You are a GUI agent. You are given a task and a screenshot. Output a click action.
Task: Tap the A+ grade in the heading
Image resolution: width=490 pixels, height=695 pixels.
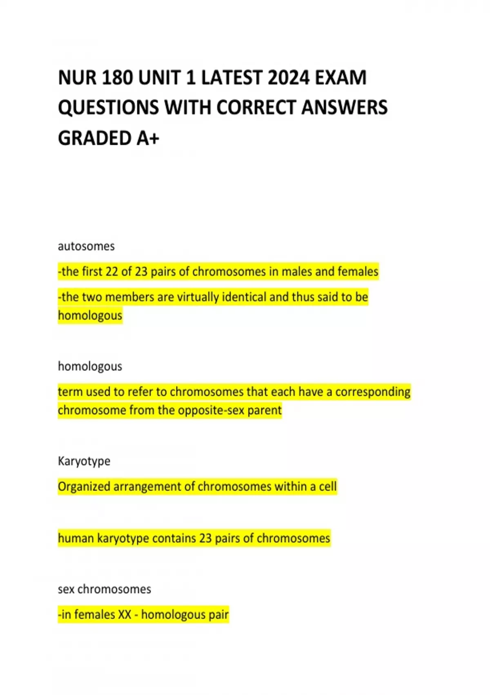148,138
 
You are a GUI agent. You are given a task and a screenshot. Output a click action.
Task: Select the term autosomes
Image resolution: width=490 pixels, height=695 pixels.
86,246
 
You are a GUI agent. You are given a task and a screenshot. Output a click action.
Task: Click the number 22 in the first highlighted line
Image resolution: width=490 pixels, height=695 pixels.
112,271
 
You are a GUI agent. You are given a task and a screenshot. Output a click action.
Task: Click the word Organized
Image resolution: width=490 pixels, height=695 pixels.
84,486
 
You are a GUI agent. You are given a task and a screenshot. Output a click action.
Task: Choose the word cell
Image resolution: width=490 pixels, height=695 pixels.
328,486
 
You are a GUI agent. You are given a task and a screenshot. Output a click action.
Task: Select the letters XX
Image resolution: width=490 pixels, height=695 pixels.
125,614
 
